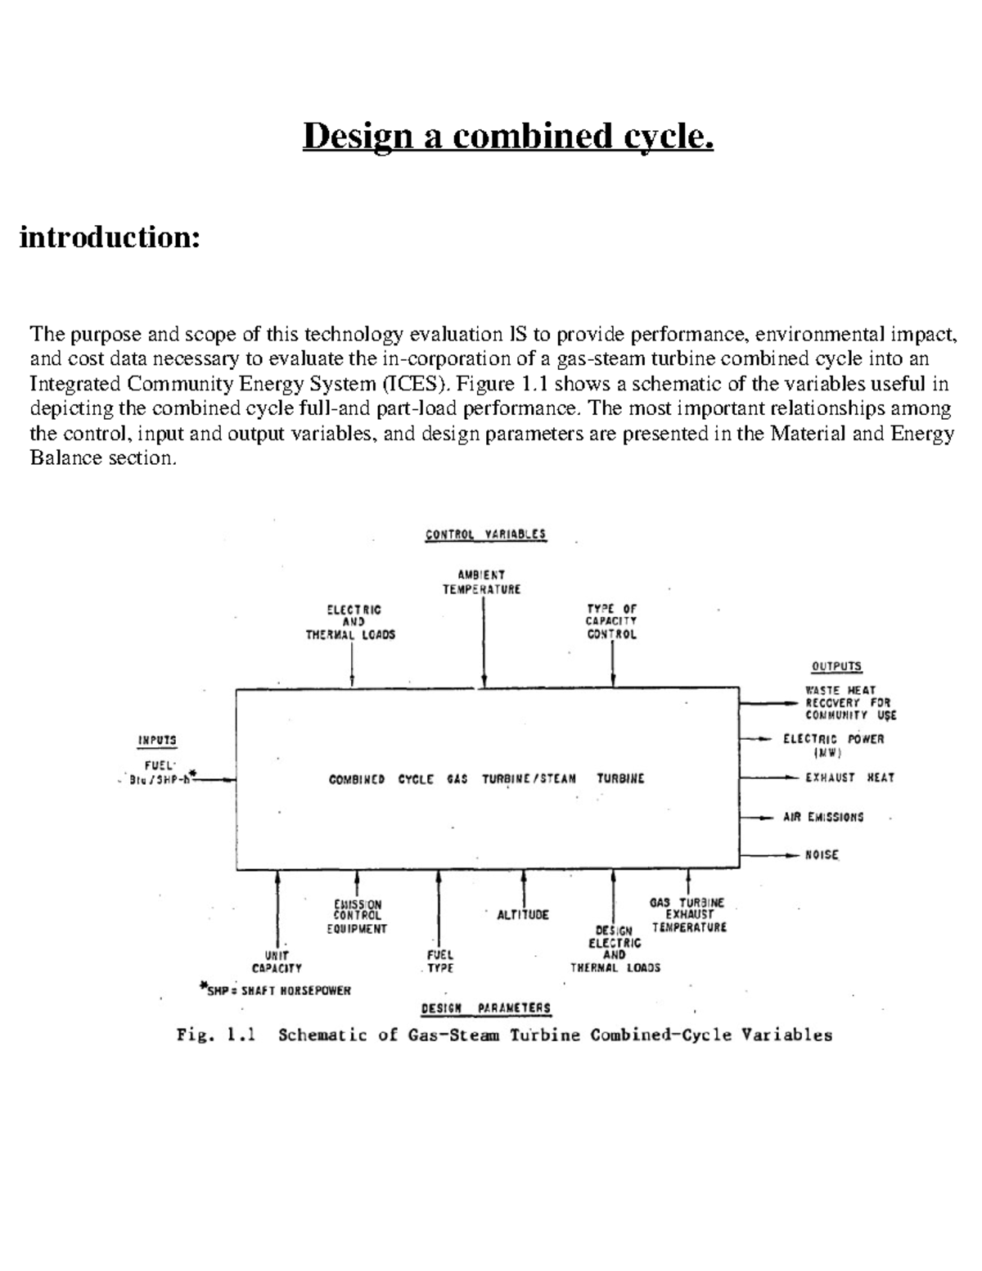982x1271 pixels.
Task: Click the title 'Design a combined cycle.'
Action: click(508, 137)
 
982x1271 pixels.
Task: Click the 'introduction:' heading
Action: click(110, 238)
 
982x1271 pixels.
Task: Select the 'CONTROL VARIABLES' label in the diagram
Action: click(485, 534)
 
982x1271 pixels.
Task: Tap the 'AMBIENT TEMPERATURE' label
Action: click(481, 582)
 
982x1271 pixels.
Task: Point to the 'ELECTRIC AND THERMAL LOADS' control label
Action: click(350, 622)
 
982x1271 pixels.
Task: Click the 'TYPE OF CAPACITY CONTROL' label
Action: click(611, 622)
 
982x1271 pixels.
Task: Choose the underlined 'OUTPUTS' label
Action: click(836, 666)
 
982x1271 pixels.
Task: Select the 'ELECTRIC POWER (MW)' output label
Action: click(833, 746)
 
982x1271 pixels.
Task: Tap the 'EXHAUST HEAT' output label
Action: click(849, 777)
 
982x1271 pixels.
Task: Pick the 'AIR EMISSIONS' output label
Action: click(822, 817)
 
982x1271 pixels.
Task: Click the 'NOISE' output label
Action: click(822, 854)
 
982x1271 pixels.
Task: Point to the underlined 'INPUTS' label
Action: click(156, 740)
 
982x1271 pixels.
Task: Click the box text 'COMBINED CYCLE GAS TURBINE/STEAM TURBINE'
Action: click(486, 779)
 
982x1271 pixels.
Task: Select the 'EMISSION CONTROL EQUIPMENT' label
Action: click(357, 917)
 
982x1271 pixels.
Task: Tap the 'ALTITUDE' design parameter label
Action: click(523, 915)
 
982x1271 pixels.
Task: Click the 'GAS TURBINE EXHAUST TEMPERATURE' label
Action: click(688, 915)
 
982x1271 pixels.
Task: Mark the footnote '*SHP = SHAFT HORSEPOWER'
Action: click(276, 990)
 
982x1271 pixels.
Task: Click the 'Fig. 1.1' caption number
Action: click(216, 1035)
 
